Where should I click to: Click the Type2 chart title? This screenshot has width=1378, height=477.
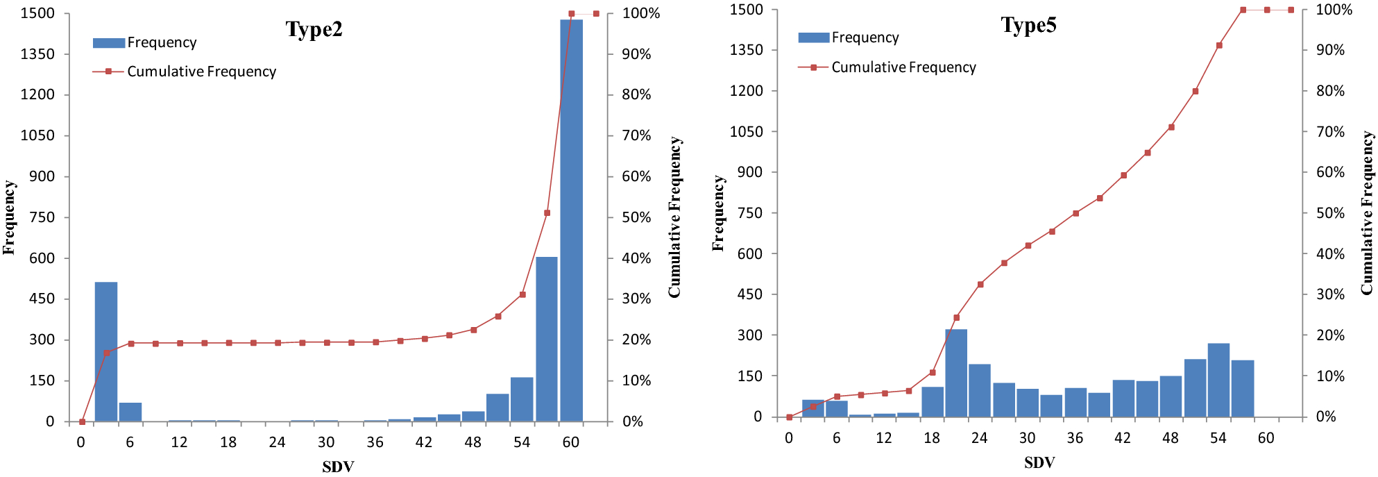(314, 29)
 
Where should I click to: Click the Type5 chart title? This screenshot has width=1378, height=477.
(1028, 25)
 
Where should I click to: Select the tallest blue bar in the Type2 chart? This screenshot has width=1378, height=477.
(571, 221)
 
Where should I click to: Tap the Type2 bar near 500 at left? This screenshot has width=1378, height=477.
(106, 351)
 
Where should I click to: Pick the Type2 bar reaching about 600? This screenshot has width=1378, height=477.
(547, 339)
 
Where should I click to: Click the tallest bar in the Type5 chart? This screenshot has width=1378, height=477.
(956, 373)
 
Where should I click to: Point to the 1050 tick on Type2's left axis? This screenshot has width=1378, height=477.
(37, 135)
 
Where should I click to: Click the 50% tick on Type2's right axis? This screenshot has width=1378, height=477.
(636, 217)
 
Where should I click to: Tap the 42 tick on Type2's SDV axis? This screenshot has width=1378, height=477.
(424, 442)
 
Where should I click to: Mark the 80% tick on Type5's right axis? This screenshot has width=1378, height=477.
(1330, 91)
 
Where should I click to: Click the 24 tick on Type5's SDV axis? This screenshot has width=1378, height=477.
(979, 438)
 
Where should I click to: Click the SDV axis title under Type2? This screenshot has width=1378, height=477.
(338, 467)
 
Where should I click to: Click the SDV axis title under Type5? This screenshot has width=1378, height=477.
(1039, 462)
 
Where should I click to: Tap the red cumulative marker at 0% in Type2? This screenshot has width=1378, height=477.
(82, 421)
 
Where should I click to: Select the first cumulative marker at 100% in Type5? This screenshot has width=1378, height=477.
(1243, 10)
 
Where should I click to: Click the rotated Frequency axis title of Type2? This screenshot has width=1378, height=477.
(9, 217)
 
